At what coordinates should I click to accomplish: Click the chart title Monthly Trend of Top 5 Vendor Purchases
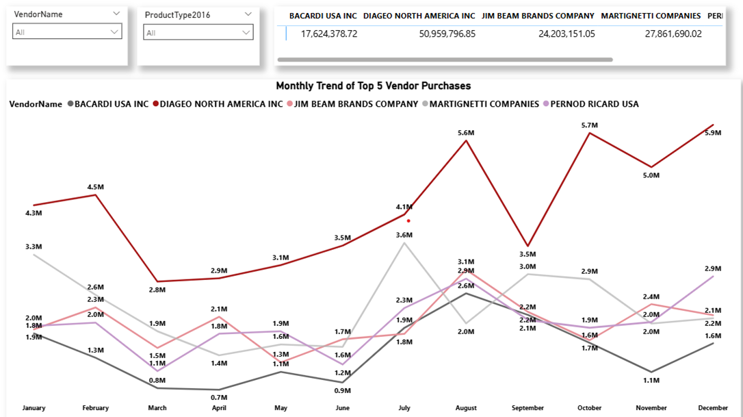click(373, 86)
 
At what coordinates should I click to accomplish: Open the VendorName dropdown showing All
click(67, 31)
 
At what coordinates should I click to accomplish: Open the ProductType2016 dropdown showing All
click(198, 32)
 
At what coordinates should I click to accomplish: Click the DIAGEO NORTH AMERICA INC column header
click(419, 16)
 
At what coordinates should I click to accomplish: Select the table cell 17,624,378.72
click(329, 34)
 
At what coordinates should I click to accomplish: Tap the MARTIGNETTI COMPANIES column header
click(651, 16)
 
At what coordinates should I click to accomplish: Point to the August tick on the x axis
click(466, 408)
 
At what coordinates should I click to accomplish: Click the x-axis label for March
click(157, 408)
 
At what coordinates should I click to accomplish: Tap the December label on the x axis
click(713, 408)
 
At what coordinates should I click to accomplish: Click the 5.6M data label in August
click(466, 133)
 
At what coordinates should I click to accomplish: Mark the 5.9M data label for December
click(712, 133)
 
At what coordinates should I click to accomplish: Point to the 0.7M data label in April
click(219, 398)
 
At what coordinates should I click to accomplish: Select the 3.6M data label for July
click(404, 236)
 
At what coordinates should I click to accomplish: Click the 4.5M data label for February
click(95, 187)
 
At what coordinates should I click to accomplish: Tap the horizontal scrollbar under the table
click(445, 60)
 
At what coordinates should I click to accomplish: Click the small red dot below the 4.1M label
click(408, 220)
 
